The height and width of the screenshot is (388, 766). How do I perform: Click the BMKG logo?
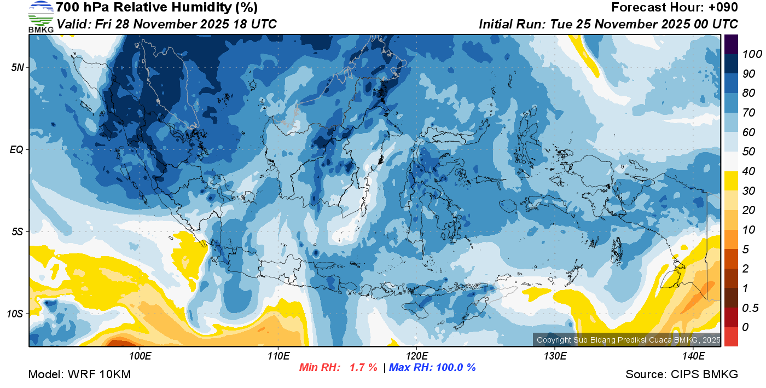pyautogui.click(x=41, y=16)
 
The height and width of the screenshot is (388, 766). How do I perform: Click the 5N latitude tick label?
pyautogui.click(x=18, y=68)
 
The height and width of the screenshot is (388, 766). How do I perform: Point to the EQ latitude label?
pyautogui.click(x=17, y=149)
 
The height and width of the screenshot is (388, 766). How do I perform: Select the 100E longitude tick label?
pyautogui.click(x=140, y=356)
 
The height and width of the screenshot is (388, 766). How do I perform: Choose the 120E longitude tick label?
pyautogui.click(x=416, y=356)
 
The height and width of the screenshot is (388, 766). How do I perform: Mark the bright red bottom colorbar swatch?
pyautogui.click(x=731, y=336)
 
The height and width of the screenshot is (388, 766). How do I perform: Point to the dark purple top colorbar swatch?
pyautogui.click(x=731, y=44)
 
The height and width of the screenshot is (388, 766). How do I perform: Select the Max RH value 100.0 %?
pyautogui.click(x=454, y=368)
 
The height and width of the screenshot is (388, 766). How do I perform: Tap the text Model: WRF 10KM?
pyautogui.click(x=79, y=374)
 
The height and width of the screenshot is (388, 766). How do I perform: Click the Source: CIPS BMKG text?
pyautogui.click(x=682, y=374)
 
